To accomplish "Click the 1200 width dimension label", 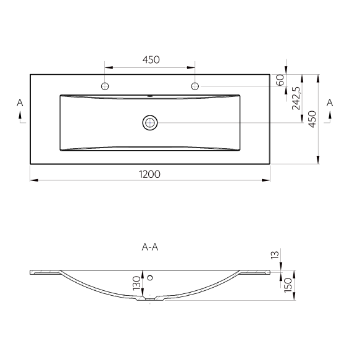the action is coord(149,174).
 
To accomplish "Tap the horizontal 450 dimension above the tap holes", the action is coord(151,60).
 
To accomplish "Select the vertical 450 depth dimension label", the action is coord(312,119).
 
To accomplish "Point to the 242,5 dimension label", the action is coord(296,98).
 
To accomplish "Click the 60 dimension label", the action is coord(280,80).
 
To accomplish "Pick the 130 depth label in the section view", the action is coord(136,283).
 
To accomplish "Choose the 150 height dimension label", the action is coord(288,285).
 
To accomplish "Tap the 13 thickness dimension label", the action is coord(275,255).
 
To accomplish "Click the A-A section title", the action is coord(150,247).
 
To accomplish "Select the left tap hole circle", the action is coord(105,86).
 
